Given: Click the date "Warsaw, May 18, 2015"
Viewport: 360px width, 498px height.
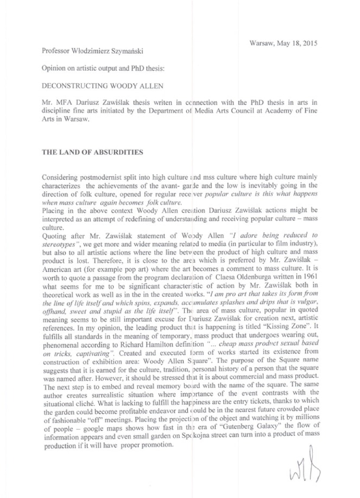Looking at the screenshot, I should coord(284,43).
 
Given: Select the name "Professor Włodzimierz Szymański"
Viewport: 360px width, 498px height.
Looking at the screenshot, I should coord(93,51).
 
